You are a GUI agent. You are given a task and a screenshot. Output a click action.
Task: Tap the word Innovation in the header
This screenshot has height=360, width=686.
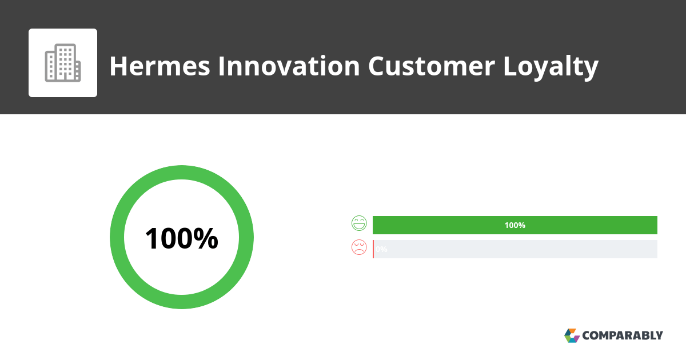tap(288, 66)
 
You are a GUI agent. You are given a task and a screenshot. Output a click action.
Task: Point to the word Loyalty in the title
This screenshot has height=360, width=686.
tap(551, 67)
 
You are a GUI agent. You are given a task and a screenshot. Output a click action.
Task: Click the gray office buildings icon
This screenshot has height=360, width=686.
tap(63, 63)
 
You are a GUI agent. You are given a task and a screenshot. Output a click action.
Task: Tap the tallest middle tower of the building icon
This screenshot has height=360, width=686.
tap(66, 62)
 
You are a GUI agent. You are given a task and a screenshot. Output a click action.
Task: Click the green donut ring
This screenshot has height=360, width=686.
tap(182, 173)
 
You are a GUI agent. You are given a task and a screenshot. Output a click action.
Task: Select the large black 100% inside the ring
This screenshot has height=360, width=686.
tap(181, 238)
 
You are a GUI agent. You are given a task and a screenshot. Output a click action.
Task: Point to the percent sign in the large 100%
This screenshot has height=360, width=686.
tap(205, 238)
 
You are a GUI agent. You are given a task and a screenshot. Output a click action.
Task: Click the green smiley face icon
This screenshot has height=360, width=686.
tap(359, 223)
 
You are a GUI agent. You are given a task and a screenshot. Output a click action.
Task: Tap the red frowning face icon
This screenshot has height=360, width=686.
tap(359, 247)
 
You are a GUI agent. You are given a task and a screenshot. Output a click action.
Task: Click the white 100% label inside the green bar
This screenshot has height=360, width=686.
tap(514, 225)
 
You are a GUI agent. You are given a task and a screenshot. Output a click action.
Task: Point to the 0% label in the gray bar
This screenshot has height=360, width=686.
tap(381, 249)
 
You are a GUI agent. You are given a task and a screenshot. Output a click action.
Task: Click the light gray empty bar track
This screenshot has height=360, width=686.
tap(514, 249)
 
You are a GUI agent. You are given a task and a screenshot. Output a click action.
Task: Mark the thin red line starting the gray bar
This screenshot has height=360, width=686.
tap(373, 249)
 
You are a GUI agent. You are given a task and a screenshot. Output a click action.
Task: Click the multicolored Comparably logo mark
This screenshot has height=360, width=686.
tap(572, 335)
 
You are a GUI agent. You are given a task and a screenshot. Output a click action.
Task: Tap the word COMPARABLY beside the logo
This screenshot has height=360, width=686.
tap(623, 335)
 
